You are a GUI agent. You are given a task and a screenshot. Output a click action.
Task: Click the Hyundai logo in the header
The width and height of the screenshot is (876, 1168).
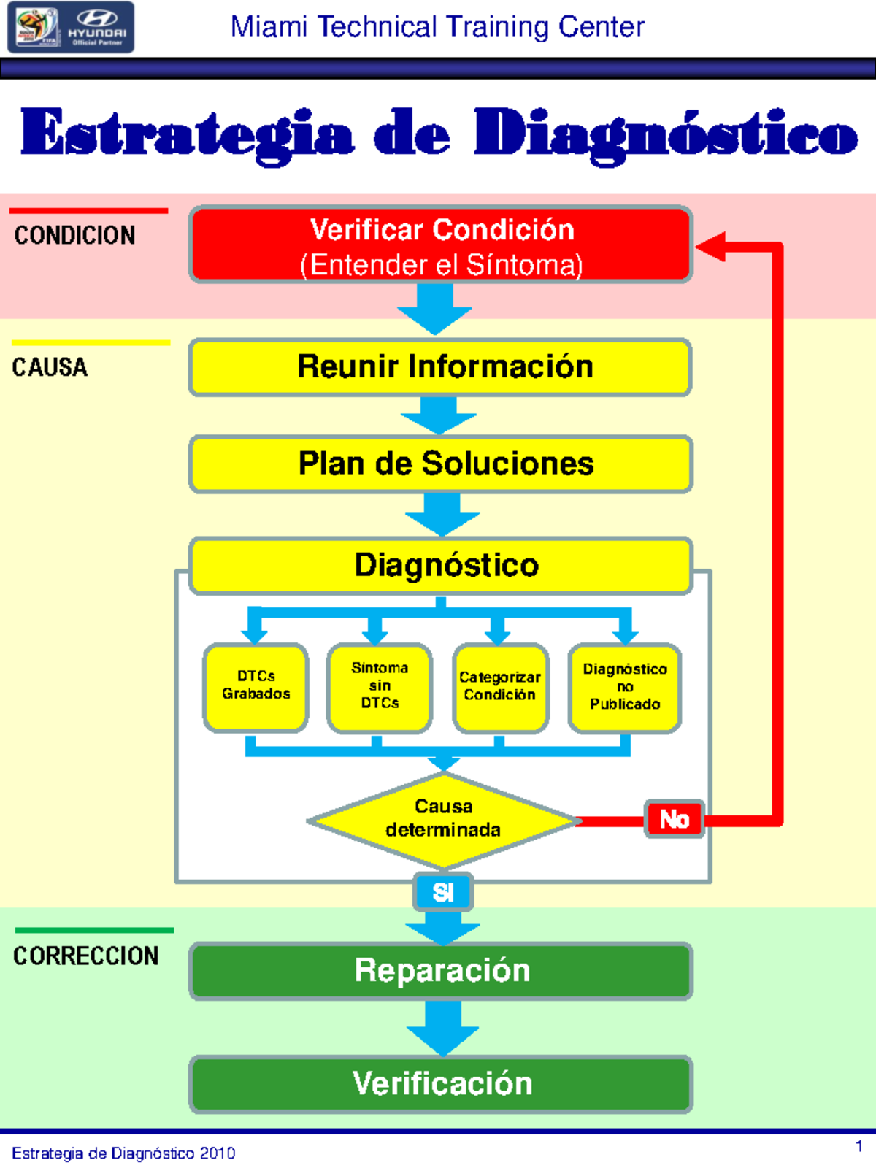click(96, 26)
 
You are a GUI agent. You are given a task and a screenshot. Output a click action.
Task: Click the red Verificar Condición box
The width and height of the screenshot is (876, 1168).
click(441, 245)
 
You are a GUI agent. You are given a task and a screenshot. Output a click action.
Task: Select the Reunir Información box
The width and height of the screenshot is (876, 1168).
click(441, 366)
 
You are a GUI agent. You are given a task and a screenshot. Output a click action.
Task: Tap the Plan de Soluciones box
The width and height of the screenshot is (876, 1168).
click(441, 464)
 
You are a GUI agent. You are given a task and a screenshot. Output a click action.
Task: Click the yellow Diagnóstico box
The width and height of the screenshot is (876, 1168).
click(441, 565)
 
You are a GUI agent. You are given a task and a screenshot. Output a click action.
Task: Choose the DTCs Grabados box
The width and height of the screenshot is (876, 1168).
click(255, 686)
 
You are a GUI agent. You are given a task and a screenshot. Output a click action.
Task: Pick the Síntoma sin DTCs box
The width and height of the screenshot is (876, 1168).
click(380, 686)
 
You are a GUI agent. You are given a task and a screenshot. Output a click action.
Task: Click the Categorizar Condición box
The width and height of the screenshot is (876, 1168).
click(500, 686)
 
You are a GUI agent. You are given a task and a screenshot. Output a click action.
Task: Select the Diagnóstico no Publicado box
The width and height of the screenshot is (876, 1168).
click(625, 686)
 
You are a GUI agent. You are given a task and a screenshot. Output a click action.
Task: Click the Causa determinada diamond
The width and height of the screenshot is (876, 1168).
click(442, 819)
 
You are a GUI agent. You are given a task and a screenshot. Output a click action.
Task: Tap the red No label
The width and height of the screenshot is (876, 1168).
click(675, 819)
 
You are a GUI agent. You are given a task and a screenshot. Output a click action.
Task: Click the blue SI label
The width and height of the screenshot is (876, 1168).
click(443, 892)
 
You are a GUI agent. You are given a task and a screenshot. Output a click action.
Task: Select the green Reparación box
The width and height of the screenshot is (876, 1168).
click(441, 971)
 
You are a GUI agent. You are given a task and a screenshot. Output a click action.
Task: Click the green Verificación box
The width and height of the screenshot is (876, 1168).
click(441, 1083)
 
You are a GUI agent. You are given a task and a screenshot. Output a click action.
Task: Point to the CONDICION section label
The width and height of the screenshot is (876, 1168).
click(74, 235)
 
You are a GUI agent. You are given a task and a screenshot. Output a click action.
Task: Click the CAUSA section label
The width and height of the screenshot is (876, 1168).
click(50, 366)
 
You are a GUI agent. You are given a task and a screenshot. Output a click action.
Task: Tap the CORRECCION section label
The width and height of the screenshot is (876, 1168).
click(85, 956)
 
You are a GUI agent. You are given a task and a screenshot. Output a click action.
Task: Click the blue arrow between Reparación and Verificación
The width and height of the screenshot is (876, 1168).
click(442, 1028)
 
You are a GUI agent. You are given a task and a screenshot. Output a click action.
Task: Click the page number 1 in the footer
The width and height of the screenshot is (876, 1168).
click(859, 1146)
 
